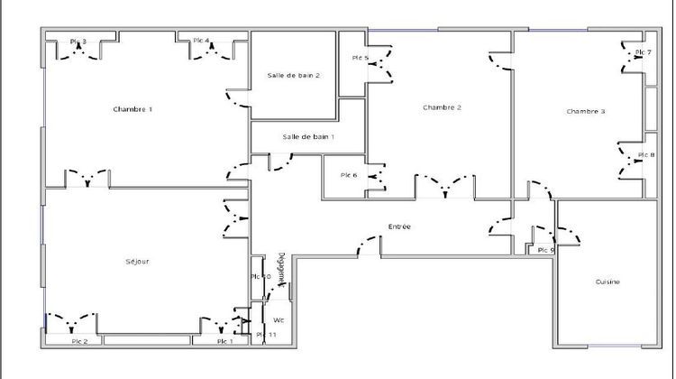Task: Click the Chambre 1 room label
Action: [x=132, y=109]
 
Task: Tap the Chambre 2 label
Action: [x=442, y=107]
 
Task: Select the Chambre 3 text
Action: [x=586, y=111]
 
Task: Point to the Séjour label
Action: [x=137, y=262]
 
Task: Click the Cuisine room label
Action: [x=607, y=282]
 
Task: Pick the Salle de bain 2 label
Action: [x=294, y=76]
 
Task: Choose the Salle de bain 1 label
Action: [x=308, y=136]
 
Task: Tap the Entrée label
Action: [x=399, y=226]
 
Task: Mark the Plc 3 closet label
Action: [x=78, y=42]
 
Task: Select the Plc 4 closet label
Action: [x=200, y=41]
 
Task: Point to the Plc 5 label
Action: [x=361, y=59]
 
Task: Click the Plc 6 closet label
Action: [x=349, y=175]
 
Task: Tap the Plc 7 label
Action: [x=644, y=53]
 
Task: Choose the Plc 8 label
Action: [x=646, y=155]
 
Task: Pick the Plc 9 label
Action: [x=545, y=250]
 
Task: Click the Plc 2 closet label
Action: [x=79, y=341]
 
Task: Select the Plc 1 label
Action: [x=224, y=341]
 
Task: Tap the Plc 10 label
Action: [x=260, y=276]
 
